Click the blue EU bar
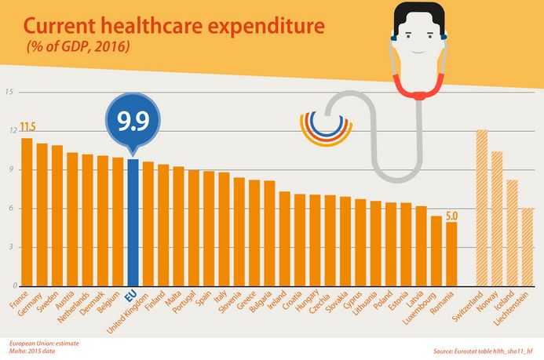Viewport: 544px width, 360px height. [133, 223]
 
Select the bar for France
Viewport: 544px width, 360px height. [27, 212]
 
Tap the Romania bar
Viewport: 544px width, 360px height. [451, 254]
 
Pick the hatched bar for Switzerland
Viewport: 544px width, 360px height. [482, 208]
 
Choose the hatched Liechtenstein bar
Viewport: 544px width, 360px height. [528, 247]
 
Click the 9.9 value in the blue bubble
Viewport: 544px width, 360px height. [133, 121]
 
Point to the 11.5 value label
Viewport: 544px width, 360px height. [27, 127]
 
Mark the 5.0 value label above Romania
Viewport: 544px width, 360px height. [451, 216]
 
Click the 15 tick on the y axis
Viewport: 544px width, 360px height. [9, 92]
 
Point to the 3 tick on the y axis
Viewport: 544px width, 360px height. [12, 247]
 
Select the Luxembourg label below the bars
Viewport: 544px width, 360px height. [419, 309]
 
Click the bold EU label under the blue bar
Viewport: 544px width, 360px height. [131, 296]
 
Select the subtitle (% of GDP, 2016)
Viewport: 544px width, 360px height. [78, 46]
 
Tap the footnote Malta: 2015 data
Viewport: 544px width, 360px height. [32, 351]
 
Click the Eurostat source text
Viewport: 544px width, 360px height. [483, 351]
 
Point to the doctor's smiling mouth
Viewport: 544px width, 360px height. [419, 53]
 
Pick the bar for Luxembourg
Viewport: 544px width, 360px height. [436, 251]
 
